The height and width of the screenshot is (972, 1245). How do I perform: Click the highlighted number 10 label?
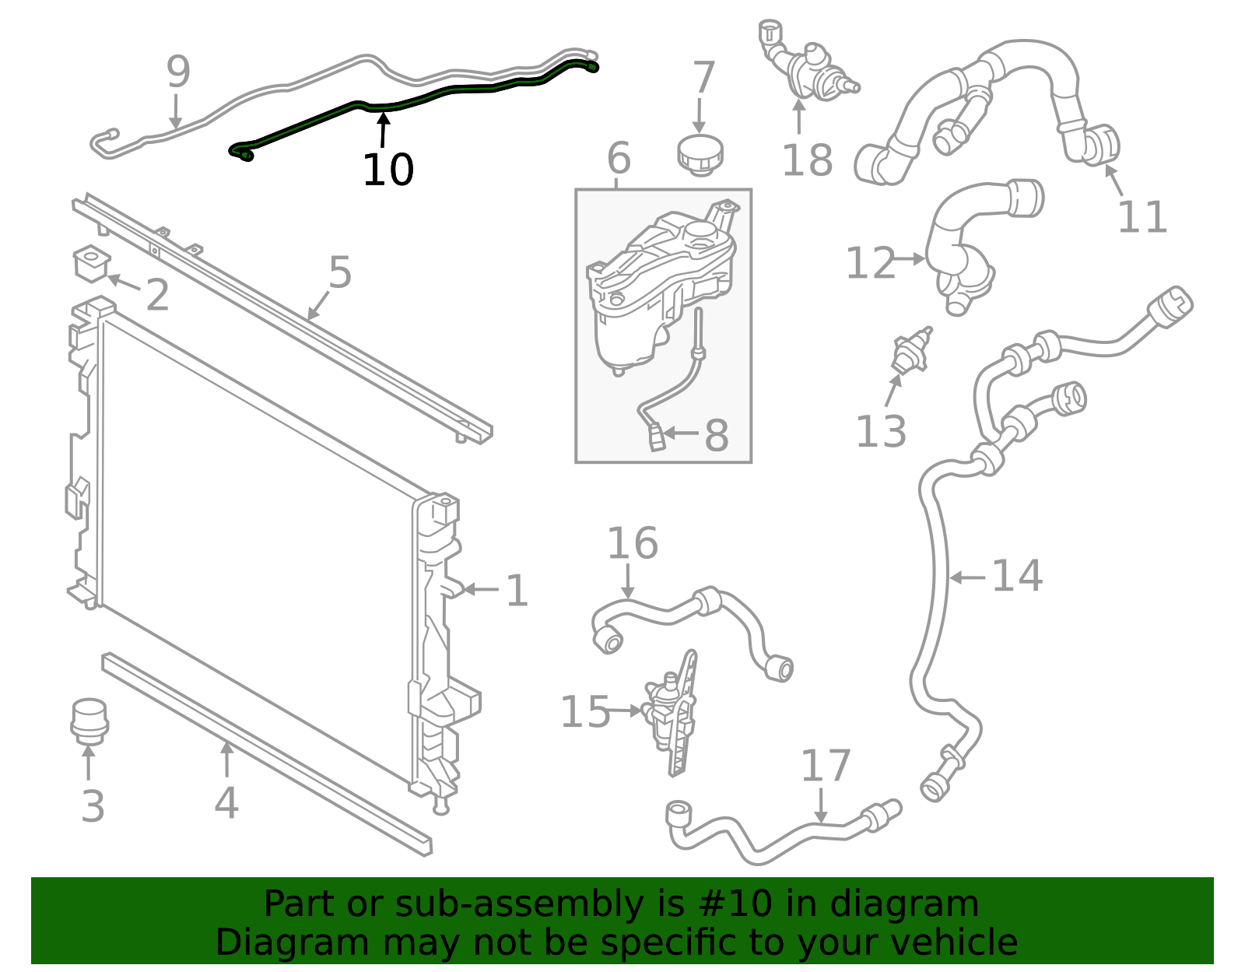pos(388,170)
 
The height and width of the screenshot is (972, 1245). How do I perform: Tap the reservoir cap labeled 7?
pos(700,153)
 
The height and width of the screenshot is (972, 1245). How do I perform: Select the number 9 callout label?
pos(178,72)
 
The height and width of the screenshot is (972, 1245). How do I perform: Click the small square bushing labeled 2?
pos(91,262)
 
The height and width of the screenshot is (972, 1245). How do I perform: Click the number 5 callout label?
pos(340,273)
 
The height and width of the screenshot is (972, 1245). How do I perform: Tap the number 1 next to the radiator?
pos(517,591)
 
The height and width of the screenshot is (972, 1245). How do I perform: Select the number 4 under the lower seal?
pos(226,803)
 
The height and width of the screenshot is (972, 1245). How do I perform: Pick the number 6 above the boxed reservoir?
pos(618,159)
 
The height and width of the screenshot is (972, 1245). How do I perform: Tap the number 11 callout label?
pos(1142,217)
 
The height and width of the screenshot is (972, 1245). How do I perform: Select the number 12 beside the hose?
pos(870,263)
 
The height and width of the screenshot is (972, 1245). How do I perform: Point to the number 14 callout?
pos(1016,577)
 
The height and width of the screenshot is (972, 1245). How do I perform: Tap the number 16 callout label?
pos(632,543)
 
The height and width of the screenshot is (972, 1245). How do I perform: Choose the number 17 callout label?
pos(825,766)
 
